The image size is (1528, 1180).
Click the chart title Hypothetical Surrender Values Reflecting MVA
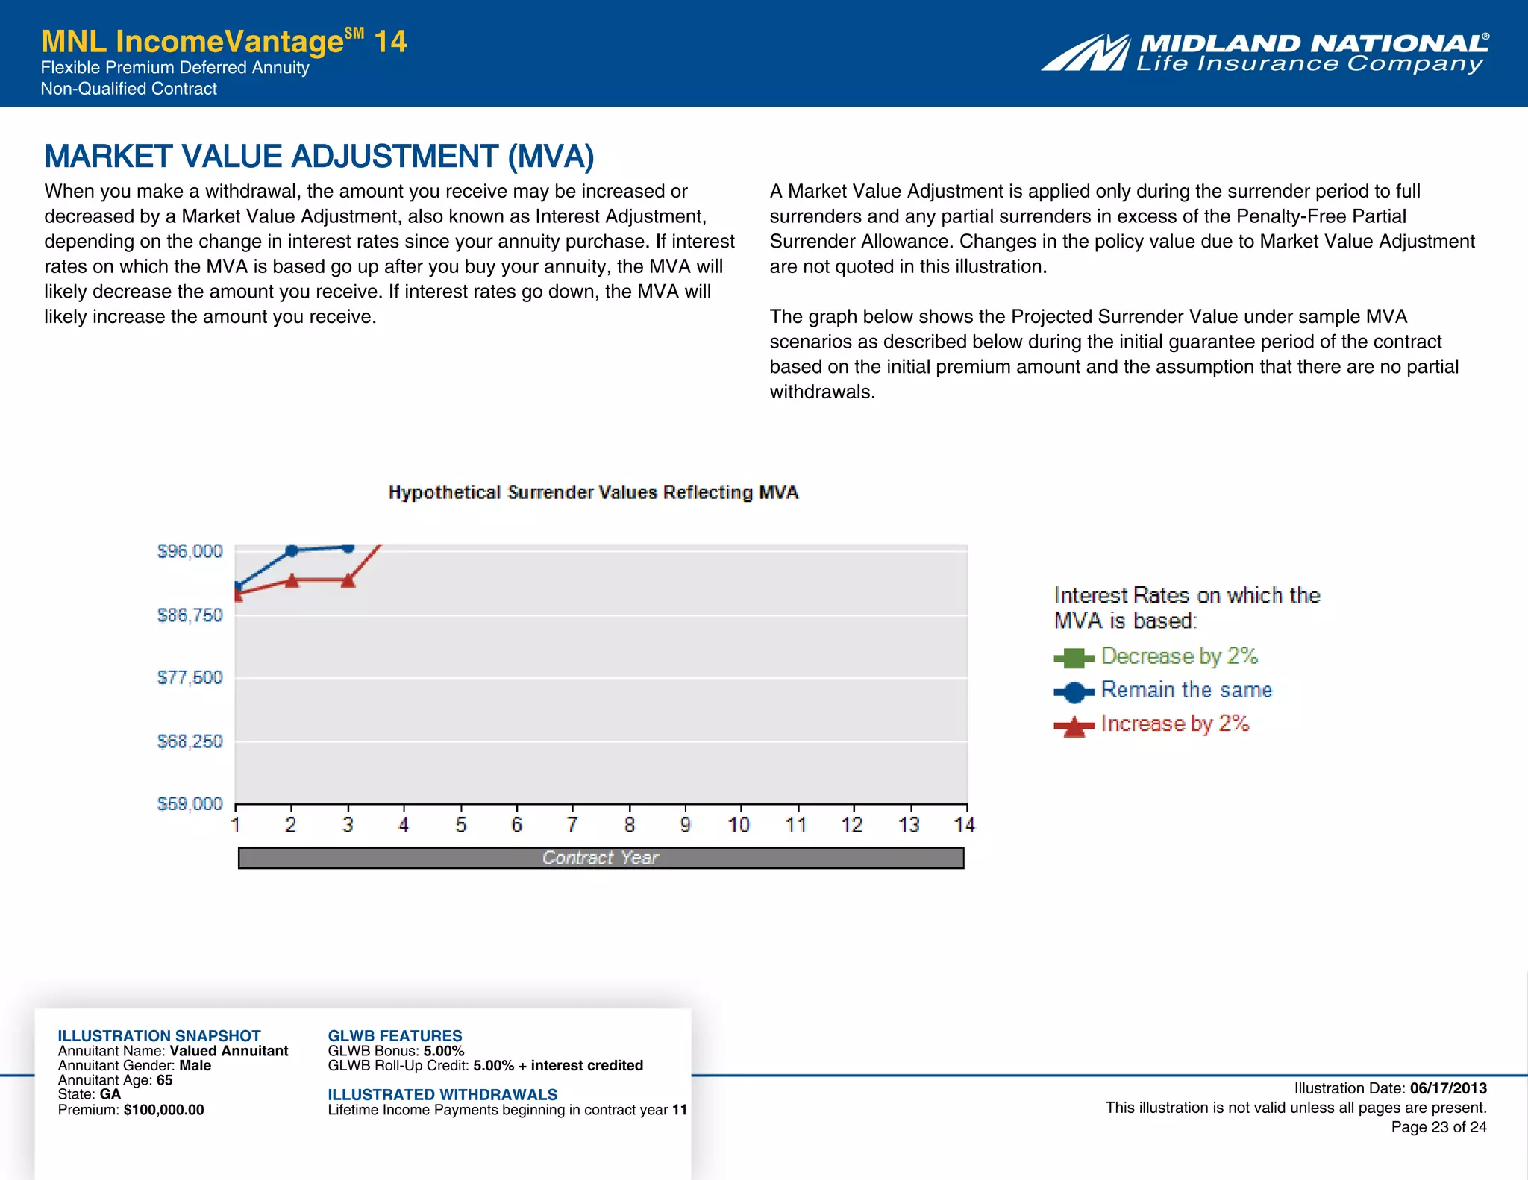coord(593,492)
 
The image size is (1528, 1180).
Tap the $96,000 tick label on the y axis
coord(190,551)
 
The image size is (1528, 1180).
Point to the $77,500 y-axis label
coord(190,677)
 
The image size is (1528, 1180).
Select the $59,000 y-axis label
coord(190,803)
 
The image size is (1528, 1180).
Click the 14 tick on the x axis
coord(965,824)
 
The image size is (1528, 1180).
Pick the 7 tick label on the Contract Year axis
coord(572,824)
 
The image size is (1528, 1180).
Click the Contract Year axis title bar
coord(601,858)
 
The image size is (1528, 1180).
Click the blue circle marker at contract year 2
coord(292,550)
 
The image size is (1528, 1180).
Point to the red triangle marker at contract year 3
coord(348,580)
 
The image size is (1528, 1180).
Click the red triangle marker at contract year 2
coord(292,580)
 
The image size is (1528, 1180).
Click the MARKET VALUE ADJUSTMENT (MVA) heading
coord(319,157)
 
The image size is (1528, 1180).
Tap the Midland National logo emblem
coord(1086,53)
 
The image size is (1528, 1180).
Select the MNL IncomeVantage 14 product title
coord(224,42)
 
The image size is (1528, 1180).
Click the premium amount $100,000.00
coord(163,1110)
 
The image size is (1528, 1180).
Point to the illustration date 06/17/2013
coord(1448,1088)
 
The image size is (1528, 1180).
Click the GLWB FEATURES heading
coord(395,1036)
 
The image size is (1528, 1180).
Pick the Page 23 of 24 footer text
coord(1438,1127)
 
